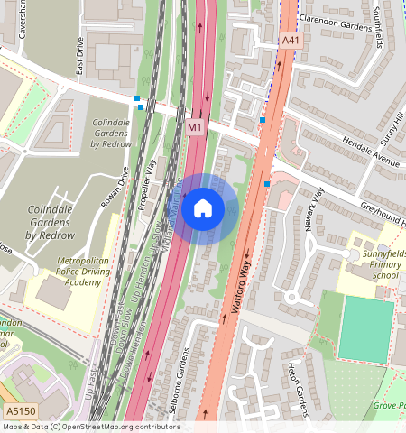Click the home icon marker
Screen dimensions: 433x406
203,209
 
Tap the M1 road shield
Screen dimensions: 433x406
195,129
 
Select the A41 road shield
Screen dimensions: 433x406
290,41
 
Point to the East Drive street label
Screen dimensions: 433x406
80,56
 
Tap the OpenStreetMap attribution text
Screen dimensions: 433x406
90,427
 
